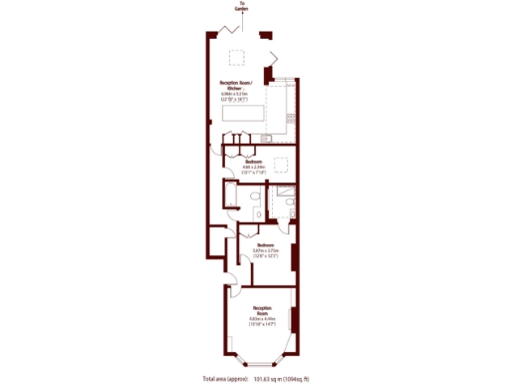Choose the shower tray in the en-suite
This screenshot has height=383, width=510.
click(x=285, y=192)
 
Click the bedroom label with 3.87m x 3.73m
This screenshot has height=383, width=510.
click(x=264, y=249)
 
